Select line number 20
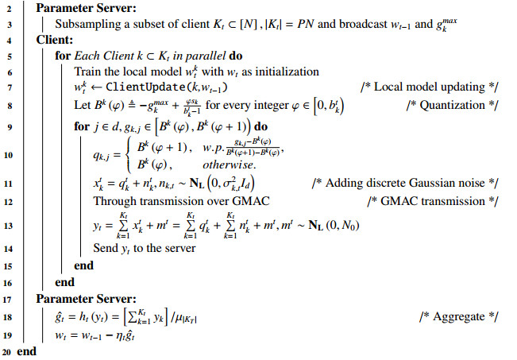(x=6, y=351)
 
